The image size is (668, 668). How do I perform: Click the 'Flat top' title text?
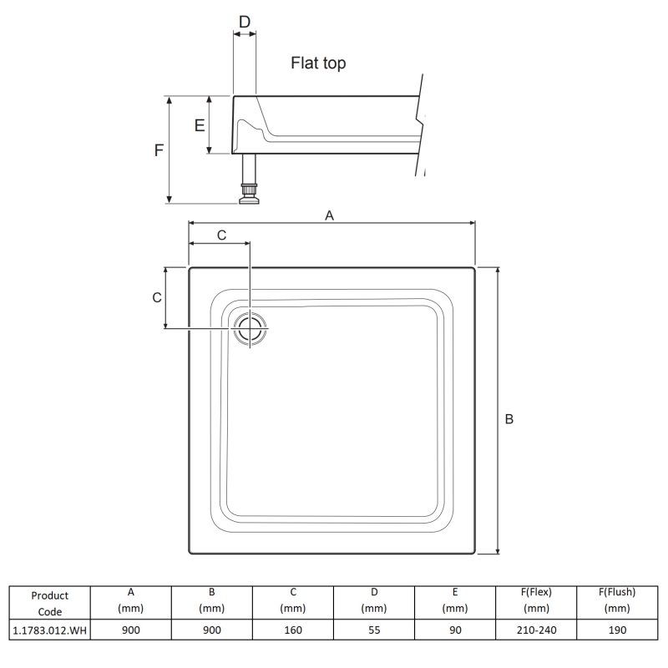(318, 63)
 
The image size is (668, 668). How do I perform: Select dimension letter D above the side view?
(244, 21)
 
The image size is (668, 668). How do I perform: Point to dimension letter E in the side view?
(200, 125)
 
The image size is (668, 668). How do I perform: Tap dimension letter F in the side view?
(158, 150)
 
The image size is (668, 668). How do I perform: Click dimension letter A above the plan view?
(329, 215)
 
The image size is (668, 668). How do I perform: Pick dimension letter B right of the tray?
(509, 419)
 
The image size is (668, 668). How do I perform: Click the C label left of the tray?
(157, 298)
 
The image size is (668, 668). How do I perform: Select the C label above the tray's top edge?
(221, 235)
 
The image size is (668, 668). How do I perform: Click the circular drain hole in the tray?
(250, 328)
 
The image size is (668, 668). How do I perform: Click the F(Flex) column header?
(536, 600)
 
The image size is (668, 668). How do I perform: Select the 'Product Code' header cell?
(49, 603)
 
